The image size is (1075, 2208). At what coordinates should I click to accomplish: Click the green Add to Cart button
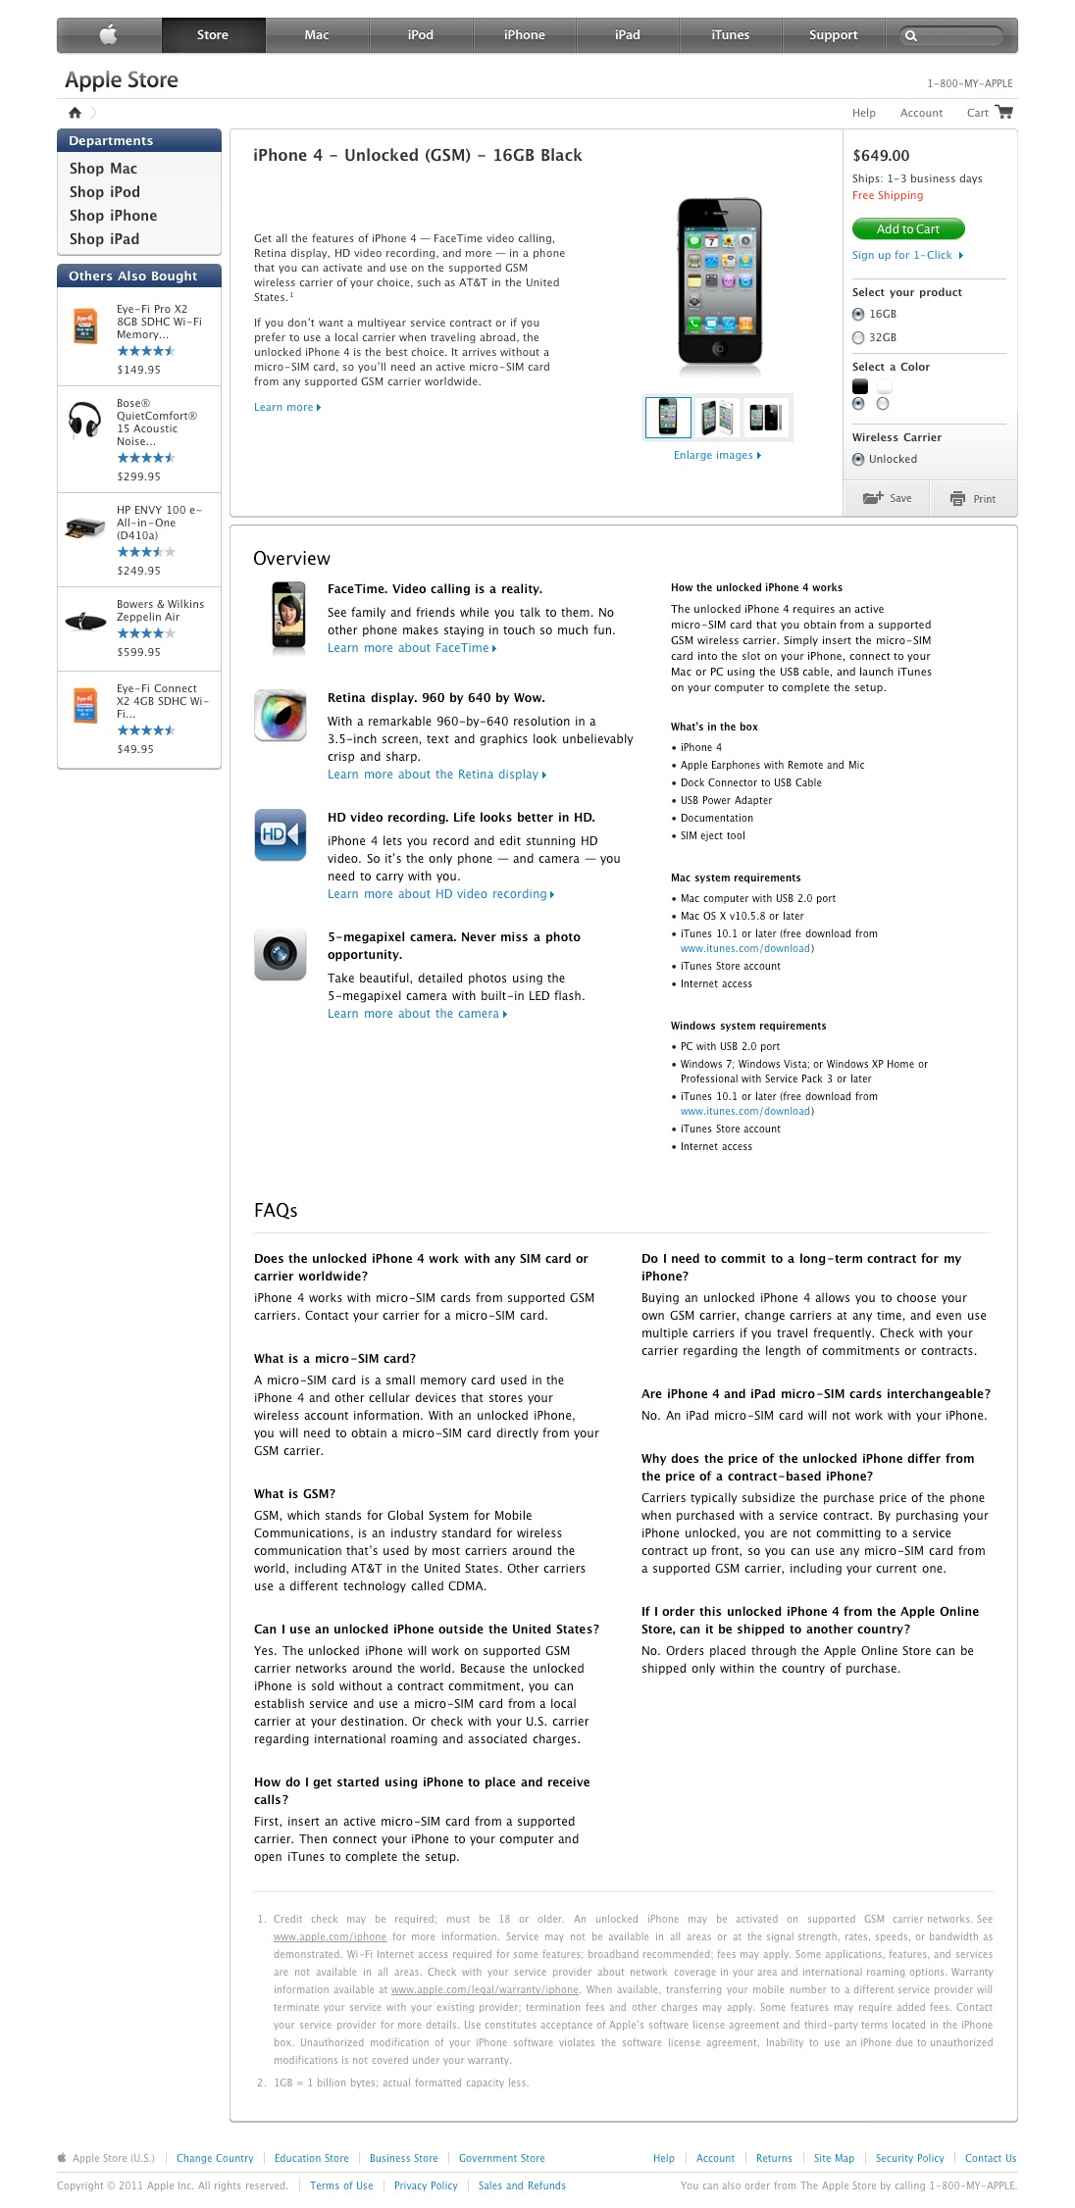pyautogui.click(x=907, y=229)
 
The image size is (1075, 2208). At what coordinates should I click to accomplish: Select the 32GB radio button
pyautogui.click(x=858, y=337)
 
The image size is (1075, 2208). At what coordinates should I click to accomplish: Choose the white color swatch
pyautogui.click(x=884, y=386)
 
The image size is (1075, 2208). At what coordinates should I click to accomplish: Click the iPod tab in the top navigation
pyautogui.click(x=420, y=35)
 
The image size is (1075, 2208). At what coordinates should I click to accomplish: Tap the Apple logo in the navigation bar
pyautogui.click(x=109, y=35)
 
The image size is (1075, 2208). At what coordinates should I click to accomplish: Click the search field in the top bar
pyautogui.click(x=956, y=35)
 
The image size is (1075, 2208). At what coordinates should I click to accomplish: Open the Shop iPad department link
pyautogui.click(x=104, y=239)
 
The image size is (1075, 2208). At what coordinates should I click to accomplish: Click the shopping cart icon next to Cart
pyautogui.click(x=1003, y=112)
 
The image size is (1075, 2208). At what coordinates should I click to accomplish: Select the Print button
pyautogui.click(x=973, y=499)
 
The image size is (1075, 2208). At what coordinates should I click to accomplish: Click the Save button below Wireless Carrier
pyautogui.click(x=887, y=498)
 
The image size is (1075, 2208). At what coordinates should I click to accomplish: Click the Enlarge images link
pyautogui.click(x=716, y=455)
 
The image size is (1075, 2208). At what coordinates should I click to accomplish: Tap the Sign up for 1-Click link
pyautogui.click(x=906, y=255)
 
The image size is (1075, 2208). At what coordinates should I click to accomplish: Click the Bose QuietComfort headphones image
pyautogui.click(x=84, y=420)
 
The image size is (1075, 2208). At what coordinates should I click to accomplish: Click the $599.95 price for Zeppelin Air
pyautogui.click(x=138, y=652)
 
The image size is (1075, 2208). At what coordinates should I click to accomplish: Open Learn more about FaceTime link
pyautogui.click(x=411, y=648)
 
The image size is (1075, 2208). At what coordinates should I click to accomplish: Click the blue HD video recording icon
pyautogui.click(x=280, y=833)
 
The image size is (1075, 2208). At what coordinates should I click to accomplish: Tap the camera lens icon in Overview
pyautogui.click(x=280, y=954)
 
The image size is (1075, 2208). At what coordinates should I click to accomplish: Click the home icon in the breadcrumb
pyautogui.click(x=75, y=113)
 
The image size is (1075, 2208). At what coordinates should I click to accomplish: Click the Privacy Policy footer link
pyautogui.click(x=426, y=2185)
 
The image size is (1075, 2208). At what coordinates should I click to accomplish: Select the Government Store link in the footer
pyautogui.click(x=501, y=2158)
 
